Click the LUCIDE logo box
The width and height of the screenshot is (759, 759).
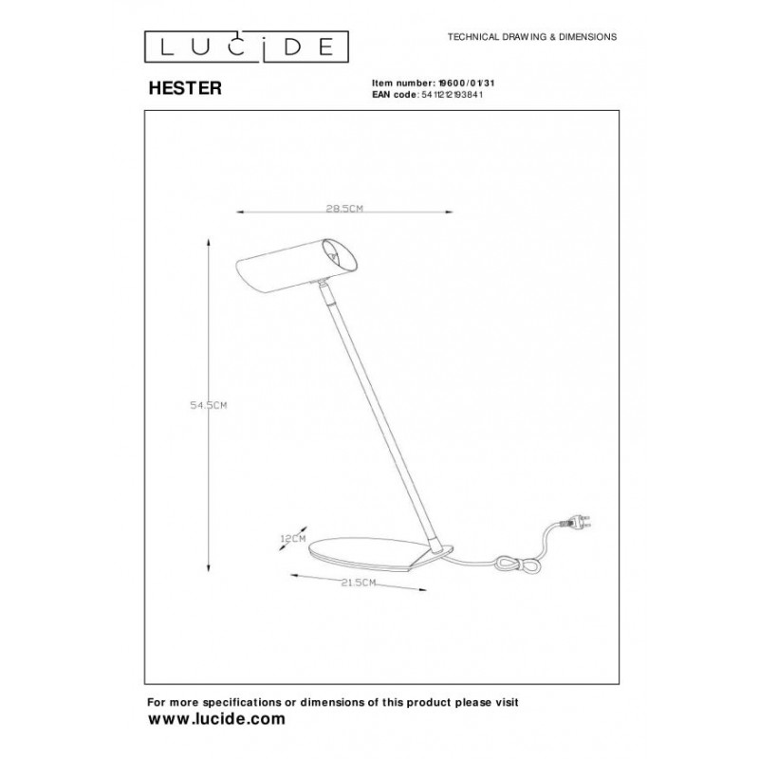(x=247, y=46)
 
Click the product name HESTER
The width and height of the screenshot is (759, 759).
(x=185, y=88)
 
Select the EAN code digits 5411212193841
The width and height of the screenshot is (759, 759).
(x=453, y=95)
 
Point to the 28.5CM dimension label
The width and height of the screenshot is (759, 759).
(x=344, y=209)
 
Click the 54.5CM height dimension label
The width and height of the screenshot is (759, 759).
(x=208, y=406)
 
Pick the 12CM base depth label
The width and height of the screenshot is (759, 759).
(x=293, y=538)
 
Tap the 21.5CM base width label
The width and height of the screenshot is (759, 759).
(x=359, y=583)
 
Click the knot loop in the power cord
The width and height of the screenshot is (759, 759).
(x=517, y=565)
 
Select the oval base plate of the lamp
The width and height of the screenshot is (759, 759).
(x=381, y=553)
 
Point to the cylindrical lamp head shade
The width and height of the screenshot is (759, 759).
(x=297, y=266)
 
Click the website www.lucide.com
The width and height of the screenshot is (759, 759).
(x=216, y=719)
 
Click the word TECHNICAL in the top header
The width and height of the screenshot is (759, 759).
(x=472, y=37)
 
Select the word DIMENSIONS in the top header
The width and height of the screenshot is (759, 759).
(x=587, y=37)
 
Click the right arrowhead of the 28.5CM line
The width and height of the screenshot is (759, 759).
(x=449, y=212)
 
